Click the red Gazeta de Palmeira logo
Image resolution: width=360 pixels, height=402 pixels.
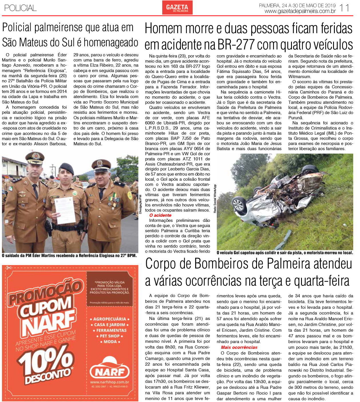pyautogui.click(x=177, y=8)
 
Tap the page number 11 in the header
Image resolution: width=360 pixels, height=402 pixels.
pyautogui.click(x=345, y=8)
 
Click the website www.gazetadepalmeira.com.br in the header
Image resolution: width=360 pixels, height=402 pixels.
pyautogui.click(x=300, y=11)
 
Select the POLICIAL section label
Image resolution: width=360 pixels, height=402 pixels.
pyautogui.click(x=20, y=8)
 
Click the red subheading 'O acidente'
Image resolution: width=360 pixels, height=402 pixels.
pyautogui.click(x=160, y=215)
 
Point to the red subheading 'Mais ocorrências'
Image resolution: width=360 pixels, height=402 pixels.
pyautogui.click(x=239, y=347)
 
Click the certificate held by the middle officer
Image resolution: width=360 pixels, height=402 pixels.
pyautogui.click(x=65, y=210)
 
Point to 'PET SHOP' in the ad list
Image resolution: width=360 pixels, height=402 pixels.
pyautogui.click(x=110, y=336)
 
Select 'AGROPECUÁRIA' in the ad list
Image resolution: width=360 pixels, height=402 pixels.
pyautogui.click(x=110, y=319)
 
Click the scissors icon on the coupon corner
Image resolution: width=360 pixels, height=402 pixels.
pyautogui.click(x=8, y=268)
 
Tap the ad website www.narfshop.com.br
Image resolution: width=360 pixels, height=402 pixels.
pyautogui.click(x=110, y=382)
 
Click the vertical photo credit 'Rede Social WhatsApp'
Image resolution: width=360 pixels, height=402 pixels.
pyautogui.click(x=215, y=199)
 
